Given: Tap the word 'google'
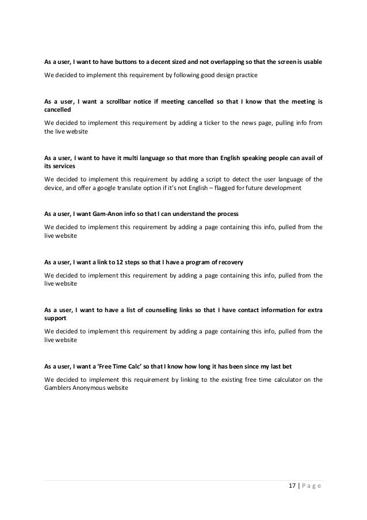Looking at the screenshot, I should (116, 188).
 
